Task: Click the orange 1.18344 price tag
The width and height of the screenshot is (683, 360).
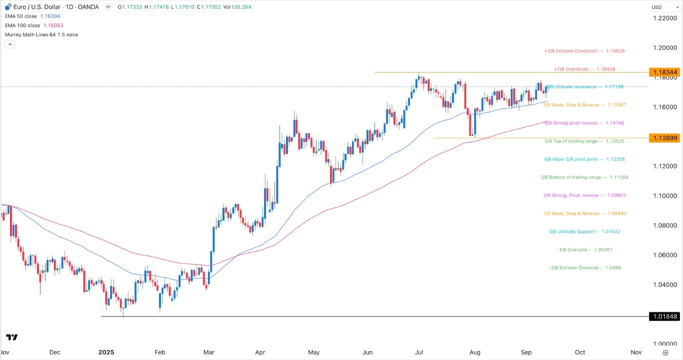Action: [664, 72]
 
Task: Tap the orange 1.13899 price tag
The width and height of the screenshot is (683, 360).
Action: [664, 138]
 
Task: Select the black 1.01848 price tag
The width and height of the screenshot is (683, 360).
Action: [664, 316]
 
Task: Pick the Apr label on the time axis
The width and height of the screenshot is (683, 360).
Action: [260, 352]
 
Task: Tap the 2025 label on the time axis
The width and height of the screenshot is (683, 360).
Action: [106, 352]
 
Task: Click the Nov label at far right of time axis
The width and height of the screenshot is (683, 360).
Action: [636, 352]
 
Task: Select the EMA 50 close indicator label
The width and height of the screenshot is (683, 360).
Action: [27, 16]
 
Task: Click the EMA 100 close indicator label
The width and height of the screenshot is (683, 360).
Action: [29, 25]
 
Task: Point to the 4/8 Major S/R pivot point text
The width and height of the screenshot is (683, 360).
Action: [584, 159]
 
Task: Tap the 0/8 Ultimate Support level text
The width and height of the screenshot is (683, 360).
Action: [584, 231]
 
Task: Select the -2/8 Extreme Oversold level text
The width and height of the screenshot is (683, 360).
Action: [584, 267]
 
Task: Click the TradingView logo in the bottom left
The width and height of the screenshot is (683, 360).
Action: [12, 337]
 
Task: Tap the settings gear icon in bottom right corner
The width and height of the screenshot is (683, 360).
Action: [665, 352]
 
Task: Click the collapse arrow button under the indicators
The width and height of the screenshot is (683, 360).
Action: [10, 44]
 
